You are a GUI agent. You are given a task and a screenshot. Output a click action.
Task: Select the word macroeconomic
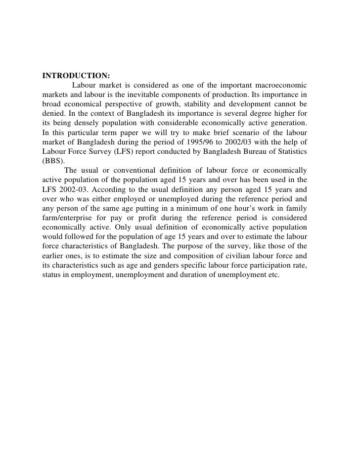[x=279, y=85]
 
